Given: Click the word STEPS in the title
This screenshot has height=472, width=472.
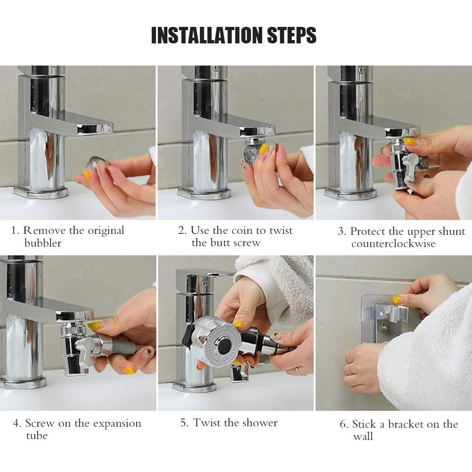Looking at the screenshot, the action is pos(292,35).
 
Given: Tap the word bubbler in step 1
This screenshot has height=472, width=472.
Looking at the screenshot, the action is pos(43,243).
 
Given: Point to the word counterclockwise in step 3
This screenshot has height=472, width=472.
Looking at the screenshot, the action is pos(393,243).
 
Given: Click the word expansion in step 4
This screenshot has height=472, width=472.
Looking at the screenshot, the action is pos(117,424).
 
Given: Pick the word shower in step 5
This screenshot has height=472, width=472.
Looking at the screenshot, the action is pos(260,422).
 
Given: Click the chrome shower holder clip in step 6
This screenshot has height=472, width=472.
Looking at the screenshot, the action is pos(391,314).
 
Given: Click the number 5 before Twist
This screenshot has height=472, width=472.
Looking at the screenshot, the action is pos(183,422).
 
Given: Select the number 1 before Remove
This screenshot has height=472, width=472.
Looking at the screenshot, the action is pos(14,231).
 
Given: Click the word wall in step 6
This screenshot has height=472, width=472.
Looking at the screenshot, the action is pos(363,436).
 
